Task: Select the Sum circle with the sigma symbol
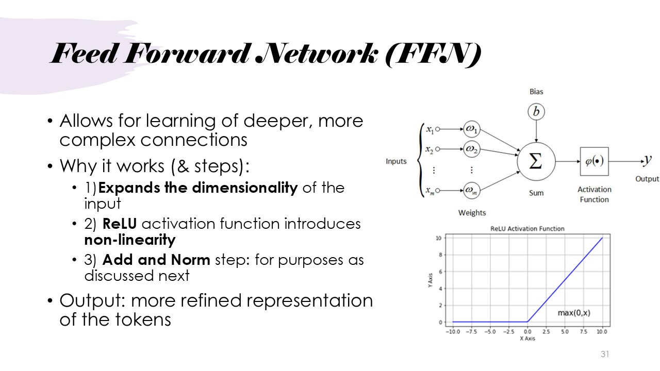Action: [536, 161]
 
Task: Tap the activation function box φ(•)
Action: [594, 161]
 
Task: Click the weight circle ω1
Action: [471, 129]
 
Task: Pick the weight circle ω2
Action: [471, 149]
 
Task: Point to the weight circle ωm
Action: [471, 191]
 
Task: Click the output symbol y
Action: [648, 161]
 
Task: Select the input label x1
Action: [429, 129]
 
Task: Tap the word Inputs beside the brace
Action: [396, 161]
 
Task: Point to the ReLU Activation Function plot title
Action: [527, 229]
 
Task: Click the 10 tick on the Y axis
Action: [438, 238]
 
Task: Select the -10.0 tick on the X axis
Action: [453, 331]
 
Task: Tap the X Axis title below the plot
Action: [527, 339]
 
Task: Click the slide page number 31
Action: [605, 354]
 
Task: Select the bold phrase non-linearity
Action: [130, 240]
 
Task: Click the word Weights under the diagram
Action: [472, 212]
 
